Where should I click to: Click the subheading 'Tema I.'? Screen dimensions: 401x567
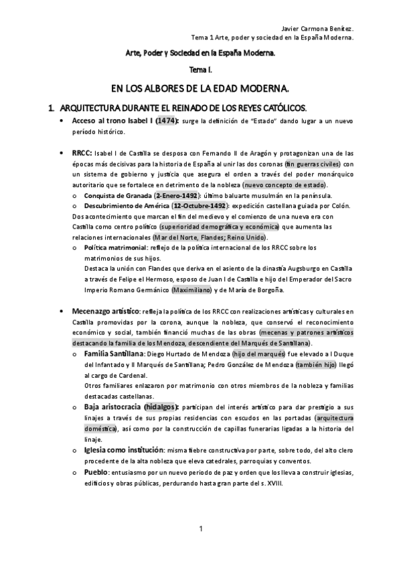point(201,69)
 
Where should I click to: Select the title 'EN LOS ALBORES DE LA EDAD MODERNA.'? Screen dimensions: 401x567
point(201,88)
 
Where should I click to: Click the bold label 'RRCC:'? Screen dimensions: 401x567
point(83,153)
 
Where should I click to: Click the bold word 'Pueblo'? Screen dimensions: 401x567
point(96,471)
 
